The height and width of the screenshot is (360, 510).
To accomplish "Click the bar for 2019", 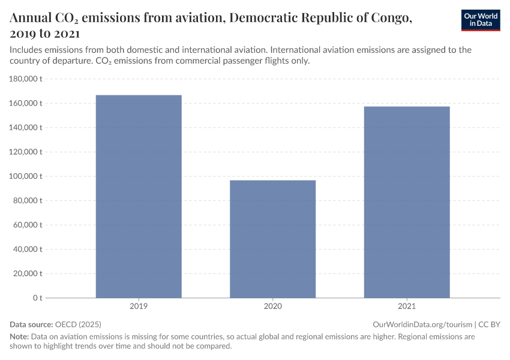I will tap(139, 196).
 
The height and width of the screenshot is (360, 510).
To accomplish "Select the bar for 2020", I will tap(272, 239).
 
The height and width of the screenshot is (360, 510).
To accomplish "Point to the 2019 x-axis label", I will tap(139, 306).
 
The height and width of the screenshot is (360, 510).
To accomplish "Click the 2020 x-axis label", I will tap(272, 306).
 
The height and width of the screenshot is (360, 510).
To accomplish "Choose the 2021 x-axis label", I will tap(407, 306).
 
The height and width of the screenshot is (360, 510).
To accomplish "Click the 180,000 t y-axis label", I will tap(26, 79).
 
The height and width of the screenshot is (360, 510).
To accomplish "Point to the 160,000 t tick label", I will tap(26, 103).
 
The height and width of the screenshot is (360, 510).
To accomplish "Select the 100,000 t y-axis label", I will tap(26, 176).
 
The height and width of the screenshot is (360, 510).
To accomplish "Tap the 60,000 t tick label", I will tap(28, 225).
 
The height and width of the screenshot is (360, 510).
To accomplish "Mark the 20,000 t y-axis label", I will tap(28, 274).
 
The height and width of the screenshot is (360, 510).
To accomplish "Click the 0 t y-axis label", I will tap(37, 298).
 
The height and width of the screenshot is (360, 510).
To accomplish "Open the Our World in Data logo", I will tap(480, 20).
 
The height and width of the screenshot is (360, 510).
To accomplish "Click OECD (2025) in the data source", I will tap(74, 324).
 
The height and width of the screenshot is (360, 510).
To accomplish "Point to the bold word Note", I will tap(19, 337).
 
